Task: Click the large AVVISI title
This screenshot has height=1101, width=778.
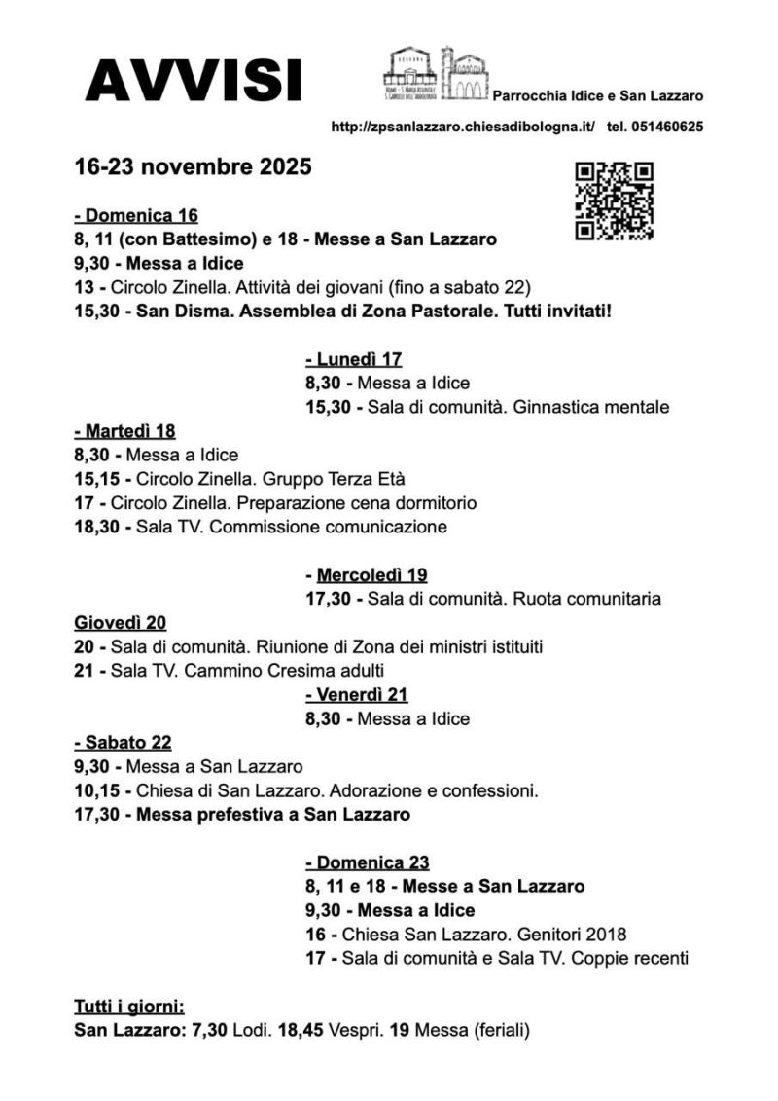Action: pyautogui.click(x=194, y=81)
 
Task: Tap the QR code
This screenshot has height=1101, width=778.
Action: pyautogui.click(x=614, y=201)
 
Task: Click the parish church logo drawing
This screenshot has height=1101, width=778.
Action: pyautogui.click(x=436, y=73)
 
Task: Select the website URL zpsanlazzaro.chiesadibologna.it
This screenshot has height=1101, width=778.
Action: pyautogui.click(x=463, y=127)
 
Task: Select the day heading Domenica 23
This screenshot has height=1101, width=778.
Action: pyautogui.click(x=368, y=862)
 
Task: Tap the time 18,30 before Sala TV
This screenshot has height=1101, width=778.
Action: pyautogui.click(x=96, y=527)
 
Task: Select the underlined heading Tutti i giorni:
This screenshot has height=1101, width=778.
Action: pyautogui.click(x=129, y=1006)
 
